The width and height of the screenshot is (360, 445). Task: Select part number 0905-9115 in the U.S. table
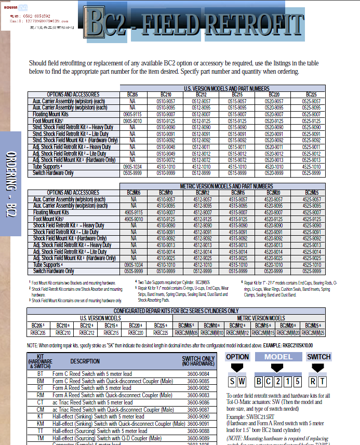coord(132,114)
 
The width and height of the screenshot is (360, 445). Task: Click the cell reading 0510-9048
coord(166,147)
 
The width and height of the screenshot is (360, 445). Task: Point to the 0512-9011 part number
coord(201,147)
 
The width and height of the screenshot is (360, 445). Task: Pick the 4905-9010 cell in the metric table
coord(133,219)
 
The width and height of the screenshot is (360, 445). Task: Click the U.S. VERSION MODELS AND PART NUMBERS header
coord(226,89)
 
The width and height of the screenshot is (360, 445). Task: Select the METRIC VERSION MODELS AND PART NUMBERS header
coord(226,186)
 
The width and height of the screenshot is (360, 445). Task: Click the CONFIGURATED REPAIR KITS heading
coord(177,311)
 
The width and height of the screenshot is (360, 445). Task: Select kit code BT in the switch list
coord(41,373)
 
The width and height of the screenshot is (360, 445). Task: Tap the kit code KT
coord(41,416)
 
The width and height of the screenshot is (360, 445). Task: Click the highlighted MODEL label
coord(278,357)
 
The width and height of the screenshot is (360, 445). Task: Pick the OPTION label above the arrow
coord(237,357)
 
